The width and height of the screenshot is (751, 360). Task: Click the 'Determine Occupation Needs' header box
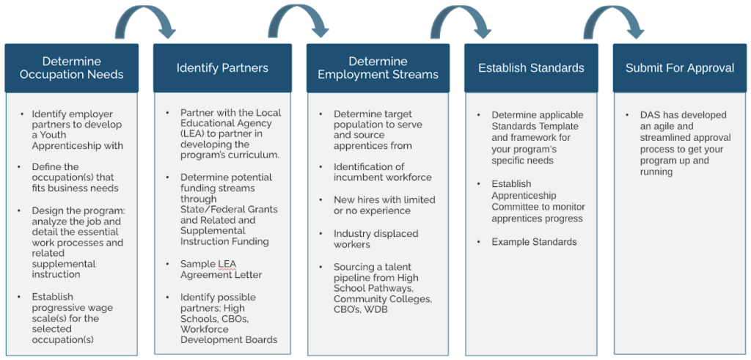pyautogui.click(x=71, y=68)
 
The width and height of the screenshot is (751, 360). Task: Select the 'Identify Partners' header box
pyautogui.click(x=222, y=68)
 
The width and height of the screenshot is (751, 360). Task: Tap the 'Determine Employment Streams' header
pyautogui.click(x=378, y=68)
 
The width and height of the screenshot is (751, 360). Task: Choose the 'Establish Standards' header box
pyautogui.click(x=531, y=68)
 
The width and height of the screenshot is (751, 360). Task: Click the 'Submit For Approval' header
pyautogui.click(x=679, y=68)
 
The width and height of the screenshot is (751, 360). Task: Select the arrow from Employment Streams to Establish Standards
pyautogui.click(x=460, y=21)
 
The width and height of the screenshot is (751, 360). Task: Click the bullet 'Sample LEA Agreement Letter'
pyautogui.click(x=221, y=269)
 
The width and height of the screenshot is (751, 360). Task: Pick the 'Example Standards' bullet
pyautogui.click(x=534, y=242)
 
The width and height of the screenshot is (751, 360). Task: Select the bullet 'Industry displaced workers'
pyautogui.click(x=375, y=238)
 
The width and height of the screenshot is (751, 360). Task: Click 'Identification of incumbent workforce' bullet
pyautogui.click(x=382, y=172)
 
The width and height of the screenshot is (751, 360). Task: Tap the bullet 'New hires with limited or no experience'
pyautogui.click(x=384, y=205)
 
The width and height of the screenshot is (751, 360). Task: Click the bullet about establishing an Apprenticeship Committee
pyautogui.click(x=538, y=201)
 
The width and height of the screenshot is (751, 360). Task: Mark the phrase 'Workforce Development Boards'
pyautogui.click(x=229, y=334)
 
